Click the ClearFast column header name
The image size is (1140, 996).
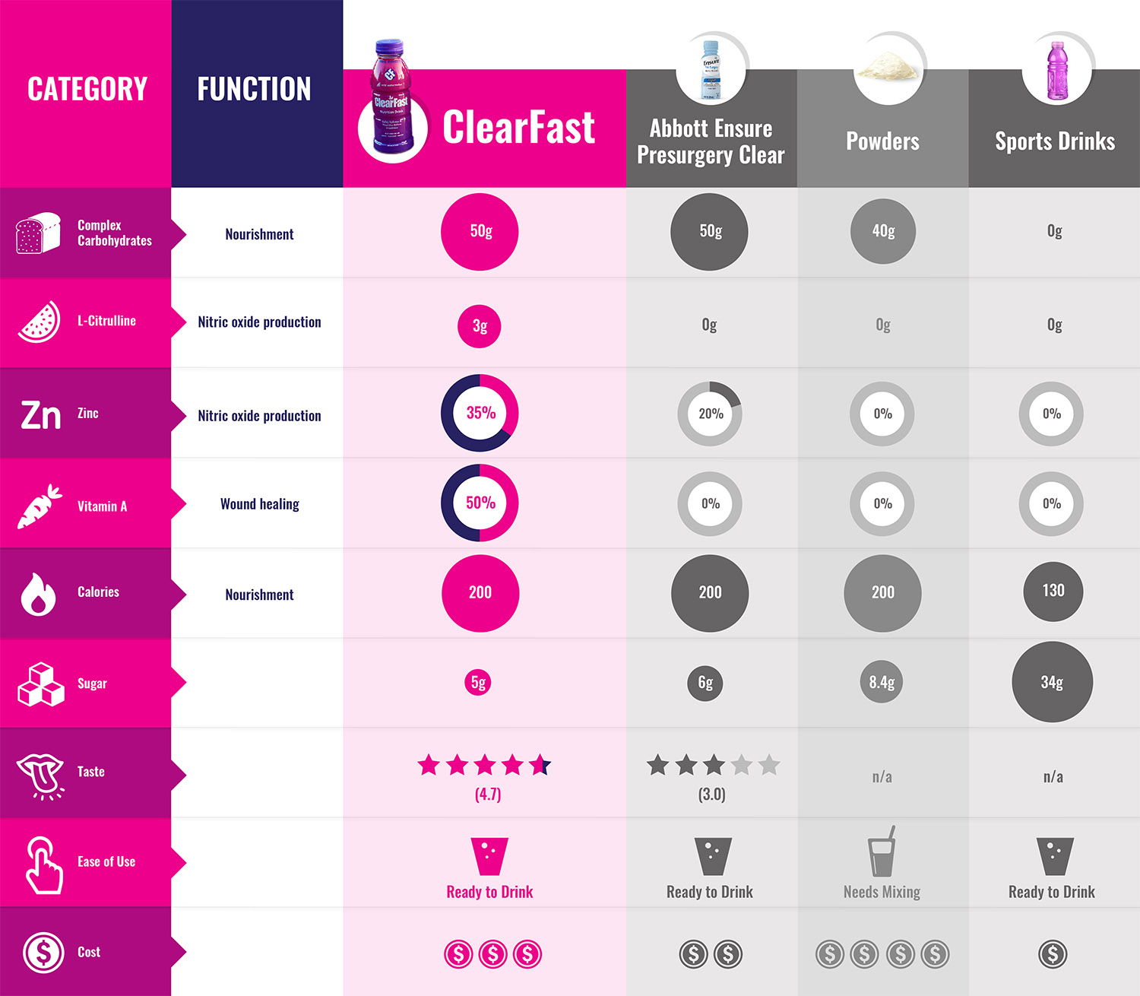tap(518, 127)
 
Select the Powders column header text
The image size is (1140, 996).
tap(882, 141)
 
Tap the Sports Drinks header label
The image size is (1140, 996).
tap(1055, 141)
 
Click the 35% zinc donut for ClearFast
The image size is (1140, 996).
tap(480, 413)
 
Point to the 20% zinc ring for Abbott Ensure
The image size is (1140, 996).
tap(710, 414)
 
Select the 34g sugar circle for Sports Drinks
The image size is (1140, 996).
tap(1052, 682)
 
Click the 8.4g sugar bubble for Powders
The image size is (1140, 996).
tap(882, 682)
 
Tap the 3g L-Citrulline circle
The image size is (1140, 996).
tap(480, 326)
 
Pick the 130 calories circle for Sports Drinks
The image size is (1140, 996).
tap(1053, 591)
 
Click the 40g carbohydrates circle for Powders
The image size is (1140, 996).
tap(883, 231)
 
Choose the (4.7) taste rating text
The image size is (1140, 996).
tap(488, 795)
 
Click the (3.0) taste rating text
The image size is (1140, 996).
tap(711, 795)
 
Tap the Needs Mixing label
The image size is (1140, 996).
tap(882, 892)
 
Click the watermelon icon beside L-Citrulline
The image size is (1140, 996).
tap(40, 322)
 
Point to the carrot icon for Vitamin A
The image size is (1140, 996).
tap(40, 506)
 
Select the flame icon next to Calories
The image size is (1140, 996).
tap(38, 594)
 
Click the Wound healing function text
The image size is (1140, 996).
tap(259, 504)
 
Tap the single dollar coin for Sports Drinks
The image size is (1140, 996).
tap(1053, 953)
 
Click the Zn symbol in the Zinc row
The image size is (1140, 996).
tap(40, 415)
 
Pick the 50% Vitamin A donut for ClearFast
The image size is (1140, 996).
tap(480, 503)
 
